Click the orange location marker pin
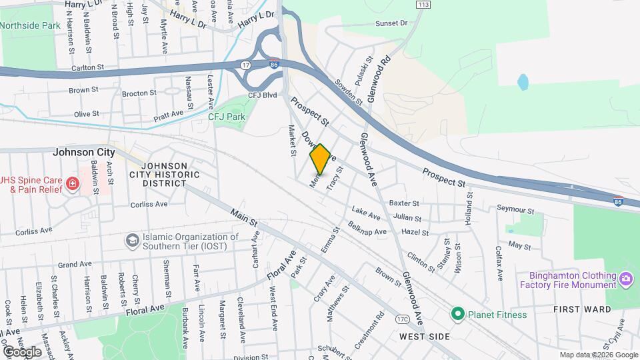pyautogui.click(x=320, y=159)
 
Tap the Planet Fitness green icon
pyautogui.click(x=457, y=314)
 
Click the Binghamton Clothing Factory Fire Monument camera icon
pyautogui.click(x=625, y=278)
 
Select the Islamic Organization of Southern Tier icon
pyautogui.click(x=133, y=239)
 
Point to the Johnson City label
pyautogui.click(x=84, y=153)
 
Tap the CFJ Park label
pyautogui.click(x=227, y=117)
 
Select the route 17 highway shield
pyautogui.click(x=246, y=65)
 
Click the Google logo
pyautogui.click(x=22, y=351)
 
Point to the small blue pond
pyautogui.click(x=523, y=82)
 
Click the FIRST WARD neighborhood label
pyautogui.click(x=582, y=309)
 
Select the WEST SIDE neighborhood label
pyautogui.click(x=426, y=337)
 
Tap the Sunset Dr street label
pyautogui.click(x=391, y=23)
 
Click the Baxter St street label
pyautogui.click(x=404, y=203)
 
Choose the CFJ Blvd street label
pyautogui.click(x=262, y=95)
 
